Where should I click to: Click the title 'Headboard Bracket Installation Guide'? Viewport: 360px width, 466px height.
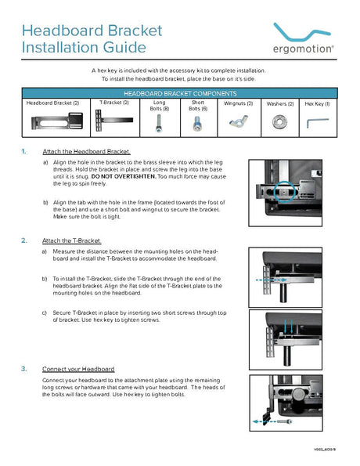[x=92, y=39]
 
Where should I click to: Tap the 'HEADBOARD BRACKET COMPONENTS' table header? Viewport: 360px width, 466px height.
[x=179, y=92]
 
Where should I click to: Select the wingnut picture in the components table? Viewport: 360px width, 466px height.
[x=238, y=122]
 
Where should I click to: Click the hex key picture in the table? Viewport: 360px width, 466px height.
[x=316, y=122]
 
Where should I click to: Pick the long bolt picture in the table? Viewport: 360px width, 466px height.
[x=160, y=126]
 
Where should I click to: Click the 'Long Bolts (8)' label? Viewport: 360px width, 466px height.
[x=160, y=106]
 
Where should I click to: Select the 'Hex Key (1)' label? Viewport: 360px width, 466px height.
[x=317, y=103]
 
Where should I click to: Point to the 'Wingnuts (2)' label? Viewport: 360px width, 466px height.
[x=238, y=103]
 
